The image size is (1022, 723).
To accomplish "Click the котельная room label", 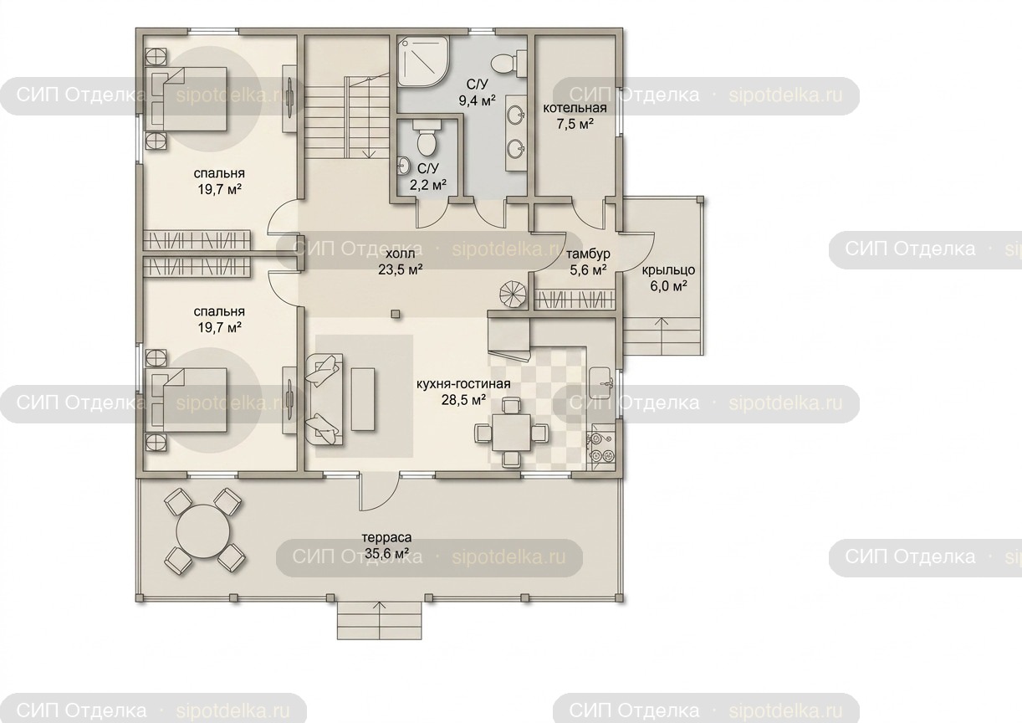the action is [x=575, y=108].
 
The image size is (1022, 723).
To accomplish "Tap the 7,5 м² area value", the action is [x=575, y=124].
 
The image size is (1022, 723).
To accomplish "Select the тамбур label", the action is [x=588, y=254].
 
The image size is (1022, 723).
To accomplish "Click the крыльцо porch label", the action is [x=668, y=269].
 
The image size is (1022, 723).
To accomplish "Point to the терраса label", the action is [x=386, y=538].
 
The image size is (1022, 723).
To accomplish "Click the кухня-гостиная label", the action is [x=463, y=384].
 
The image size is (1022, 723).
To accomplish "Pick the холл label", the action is [x=400, y=254].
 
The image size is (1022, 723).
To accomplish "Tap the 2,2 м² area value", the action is [x=427, y=185].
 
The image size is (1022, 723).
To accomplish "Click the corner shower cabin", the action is [x=423, y=62].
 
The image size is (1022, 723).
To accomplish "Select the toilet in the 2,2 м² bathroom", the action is [x=427, y=137].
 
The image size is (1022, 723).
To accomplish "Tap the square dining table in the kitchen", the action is [x=511, y=433].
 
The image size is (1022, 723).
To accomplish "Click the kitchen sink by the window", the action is [x=602, y=384].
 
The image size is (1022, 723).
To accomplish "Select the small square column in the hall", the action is [x=396, y=314].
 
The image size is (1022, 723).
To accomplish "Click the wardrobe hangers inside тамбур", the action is [x=574, y=300].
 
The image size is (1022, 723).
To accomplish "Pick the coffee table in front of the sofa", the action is [x=363, y=399].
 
